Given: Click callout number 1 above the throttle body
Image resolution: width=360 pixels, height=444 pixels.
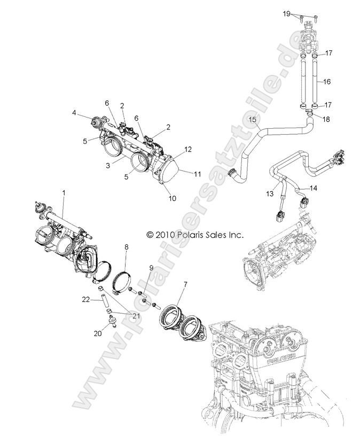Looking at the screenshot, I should tap(65, 191).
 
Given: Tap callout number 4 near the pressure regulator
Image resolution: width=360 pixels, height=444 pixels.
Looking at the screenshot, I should tap(74, 113).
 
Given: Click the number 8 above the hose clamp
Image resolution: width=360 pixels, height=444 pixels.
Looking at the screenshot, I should tap(126, 247).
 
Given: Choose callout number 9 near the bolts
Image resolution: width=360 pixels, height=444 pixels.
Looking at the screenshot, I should tap(151, 268).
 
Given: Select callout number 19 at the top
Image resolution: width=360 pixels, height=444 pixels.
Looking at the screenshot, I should tap(301, 12).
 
